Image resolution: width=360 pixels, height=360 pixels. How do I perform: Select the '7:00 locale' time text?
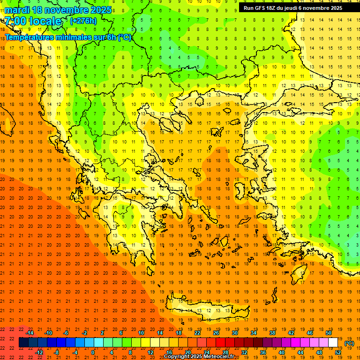[33, 21]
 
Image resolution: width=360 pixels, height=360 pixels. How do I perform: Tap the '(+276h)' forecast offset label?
[83, 21]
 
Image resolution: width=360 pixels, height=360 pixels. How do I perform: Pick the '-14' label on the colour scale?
[30, 333]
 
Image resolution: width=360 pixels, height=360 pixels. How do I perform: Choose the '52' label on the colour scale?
[338, 352]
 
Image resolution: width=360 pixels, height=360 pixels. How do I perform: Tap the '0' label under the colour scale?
[93, 352]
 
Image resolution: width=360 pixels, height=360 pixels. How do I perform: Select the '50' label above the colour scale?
[328, 333]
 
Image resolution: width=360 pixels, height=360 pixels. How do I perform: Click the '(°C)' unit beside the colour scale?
[349, 343]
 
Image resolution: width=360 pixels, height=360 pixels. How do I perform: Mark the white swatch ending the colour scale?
[333, 343]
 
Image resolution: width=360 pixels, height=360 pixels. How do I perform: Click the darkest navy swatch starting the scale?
[23, 343]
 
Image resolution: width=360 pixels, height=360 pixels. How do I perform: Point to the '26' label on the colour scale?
[216, 333]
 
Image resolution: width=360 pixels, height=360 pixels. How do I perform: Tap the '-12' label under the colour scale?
[39, 352]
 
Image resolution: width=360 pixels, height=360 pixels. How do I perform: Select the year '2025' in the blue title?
[100, 10]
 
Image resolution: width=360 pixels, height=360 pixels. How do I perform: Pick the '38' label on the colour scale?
[272, 333]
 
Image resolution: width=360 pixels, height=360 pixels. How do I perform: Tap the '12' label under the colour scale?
[150, 352]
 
